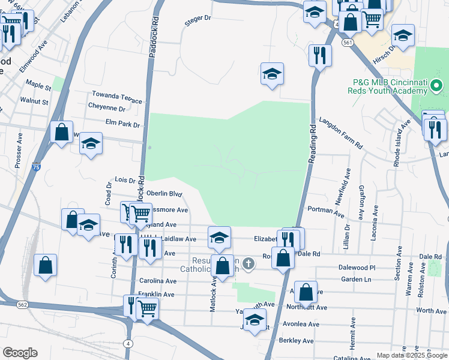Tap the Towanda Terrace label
pyautogui.click(x=116, y=95)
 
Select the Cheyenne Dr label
pyautogui.click(x=106, y=109)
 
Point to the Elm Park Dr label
pyautogui.click(x=122, y=125)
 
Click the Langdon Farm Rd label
pyautogui.click(x=341, y=133)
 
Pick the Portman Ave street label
pyautogui.click(x=325, y=211)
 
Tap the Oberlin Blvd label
pyautogui.click(x=164, y=194)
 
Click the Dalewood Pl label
pyautogui.click(x=357, y=268)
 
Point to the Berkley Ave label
pyautogui.click(x=297, y=341)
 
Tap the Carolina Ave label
pyautogui.click(x=158, y=281)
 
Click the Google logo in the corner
pyautogui.click(x=20, y=353)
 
